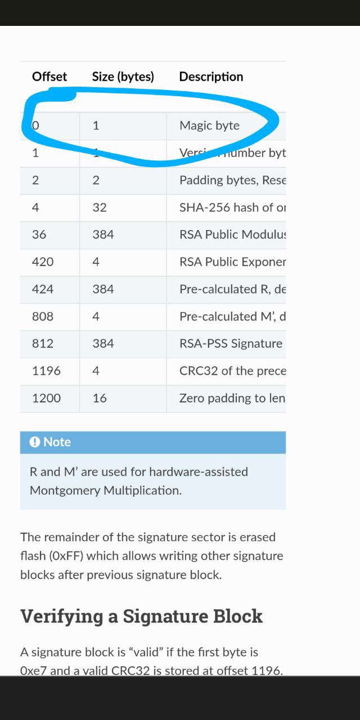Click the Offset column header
[x=49, y=76]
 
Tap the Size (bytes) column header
[x=123, y=76]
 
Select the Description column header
[x=211, y=76]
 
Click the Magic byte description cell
[x=209, y=125]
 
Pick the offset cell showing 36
[x=39, y=235]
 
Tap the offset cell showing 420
[x=43, y=262]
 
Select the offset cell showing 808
[x=43, y=316]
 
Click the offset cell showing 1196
[x=46, y=371]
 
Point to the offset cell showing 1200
[x=46, y=398]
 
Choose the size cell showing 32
[x=100, y=208]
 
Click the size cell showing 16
[x=100, y=398]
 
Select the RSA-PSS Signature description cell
[x=231, y=344]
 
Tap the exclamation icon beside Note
[x=35, y=442]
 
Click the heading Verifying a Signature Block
[x=141, y=616]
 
